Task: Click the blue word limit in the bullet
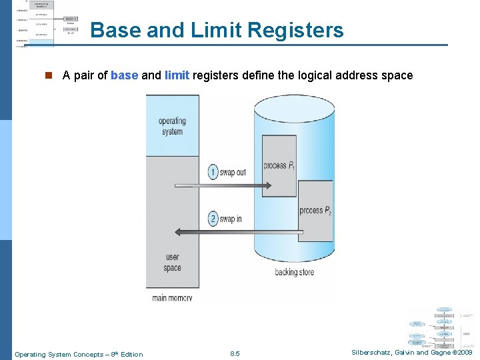[x=177, y=75]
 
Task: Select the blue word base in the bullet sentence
[x=125, y=75]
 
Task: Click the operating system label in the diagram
[x=172, y=126]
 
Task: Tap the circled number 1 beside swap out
[x=213, y=172]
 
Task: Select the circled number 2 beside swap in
[x=213, y=219]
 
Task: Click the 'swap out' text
[x=233, y=172]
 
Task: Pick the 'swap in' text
[x=231, y=219]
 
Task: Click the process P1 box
[x=279, y=166]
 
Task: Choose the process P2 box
[x=315, y=211]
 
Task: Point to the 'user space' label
[x=172, y=262]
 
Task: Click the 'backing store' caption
[x=295, y=272]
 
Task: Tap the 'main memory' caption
[x=172, y=298]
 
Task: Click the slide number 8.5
[x=235, y=354]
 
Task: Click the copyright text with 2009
[x=412, y=353]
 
